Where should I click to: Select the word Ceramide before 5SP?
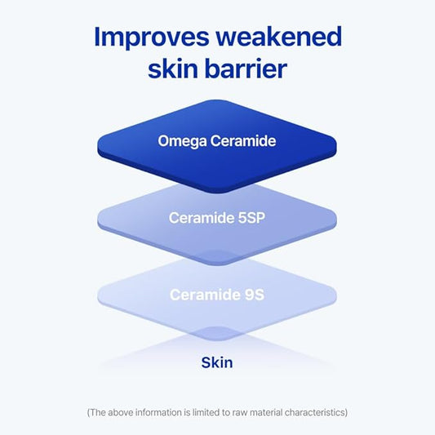201,218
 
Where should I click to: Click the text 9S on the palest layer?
251,295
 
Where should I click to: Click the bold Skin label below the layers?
217,362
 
